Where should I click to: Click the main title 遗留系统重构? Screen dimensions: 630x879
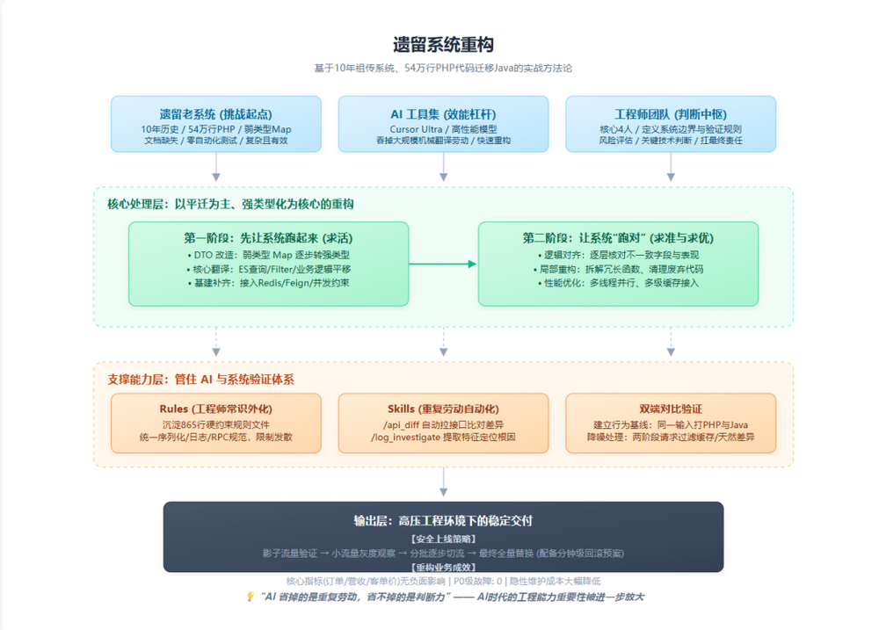tap(443, 44)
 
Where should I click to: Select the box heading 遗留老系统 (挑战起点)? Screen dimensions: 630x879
tap(215, 114)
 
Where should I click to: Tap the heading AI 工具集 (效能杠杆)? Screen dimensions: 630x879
tap(443, 114)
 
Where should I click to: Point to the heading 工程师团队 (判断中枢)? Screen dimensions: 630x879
tap(671, 114)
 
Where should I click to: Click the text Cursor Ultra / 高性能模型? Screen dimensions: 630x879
tap(443, 128)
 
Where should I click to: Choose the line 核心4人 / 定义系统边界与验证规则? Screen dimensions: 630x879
tap(671, 128)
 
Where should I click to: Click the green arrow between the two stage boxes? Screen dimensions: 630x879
tap(443, 264)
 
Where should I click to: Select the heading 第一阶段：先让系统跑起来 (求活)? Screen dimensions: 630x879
tap(268, 237)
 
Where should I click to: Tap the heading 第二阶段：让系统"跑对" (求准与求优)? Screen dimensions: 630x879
tap(618, 237)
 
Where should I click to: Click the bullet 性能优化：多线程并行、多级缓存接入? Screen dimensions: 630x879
tap(618, 283)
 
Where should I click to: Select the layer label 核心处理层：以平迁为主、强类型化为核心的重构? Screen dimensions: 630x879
tap(230, 204)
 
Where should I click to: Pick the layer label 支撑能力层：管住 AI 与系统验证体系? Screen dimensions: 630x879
tap(200, 379)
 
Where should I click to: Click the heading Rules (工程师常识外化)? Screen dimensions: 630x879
tap(215, 409)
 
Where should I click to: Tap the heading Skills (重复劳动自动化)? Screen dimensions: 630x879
tap(443, 409)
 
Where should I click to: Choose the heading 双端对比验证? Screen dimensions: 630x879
tap(671, 409)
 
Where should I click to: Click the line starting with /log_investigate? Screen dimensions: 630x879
tap(443, 437)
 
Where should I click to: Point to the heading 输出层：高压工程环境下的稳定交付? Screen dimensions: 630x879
tap(443, 520)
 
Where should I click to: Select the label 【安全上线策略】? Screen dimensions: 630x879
tap(443, 538)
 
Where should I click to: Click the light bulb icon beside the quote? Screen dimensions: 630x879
tap(251, 597)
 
